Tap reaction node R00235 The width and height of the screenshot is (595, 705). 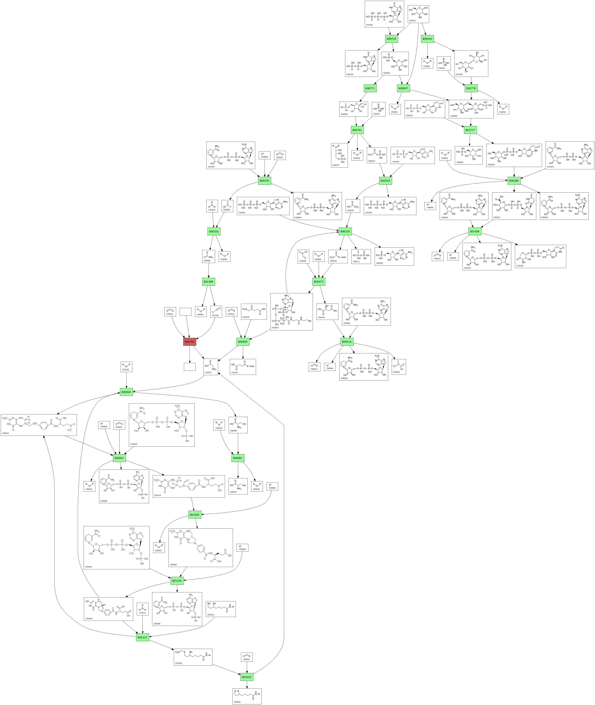(x=345, y=231)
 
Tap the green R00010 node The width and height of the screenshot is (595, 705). (x=427, y=39)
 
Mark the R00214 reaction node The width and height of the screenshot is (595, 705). (x=347, y=342)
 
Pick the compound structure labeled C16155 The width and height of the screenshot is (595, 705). (x=540, y=256)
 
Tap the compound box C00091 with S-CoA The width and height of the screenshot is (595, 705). (x=243, y=367)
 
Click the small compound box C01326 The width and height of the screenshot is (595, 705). (x=216, y=312)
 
